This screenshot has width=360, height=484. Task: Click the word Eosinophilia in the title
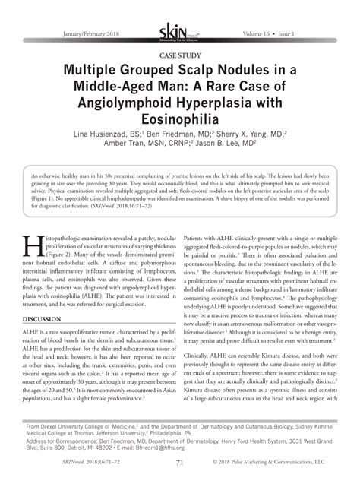(x=180, y=120)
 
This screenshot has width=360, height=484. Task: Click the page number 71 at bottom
(x=180, y=460)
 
